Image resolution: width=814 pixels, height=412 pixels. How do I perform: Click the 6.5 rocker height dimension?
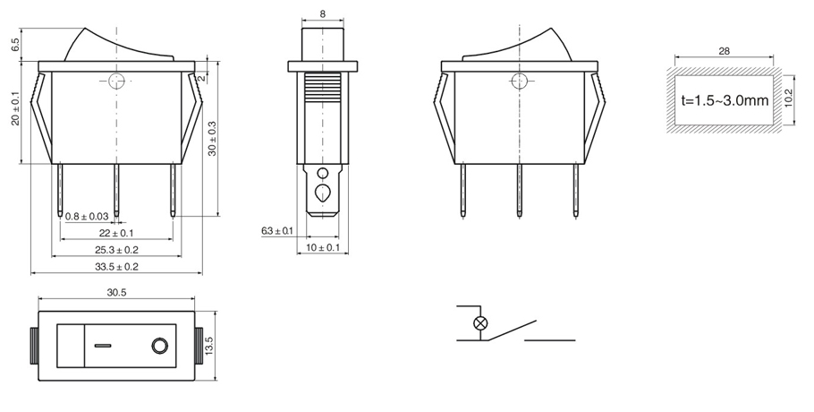tap(15, 45)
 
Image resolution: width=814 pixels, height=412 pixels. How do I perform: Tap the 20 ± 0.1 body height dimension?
tap(15, 108)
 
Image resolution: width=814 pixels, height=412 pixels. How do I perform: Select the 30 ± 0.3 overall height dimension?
tap(213, 139)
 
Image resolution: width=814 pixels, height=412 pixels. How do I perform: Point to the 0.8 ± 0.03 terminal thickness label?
tap(88, 216)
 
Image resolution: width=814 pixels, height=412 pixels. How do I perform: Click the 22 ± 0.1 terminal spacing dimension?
tap(116, 233)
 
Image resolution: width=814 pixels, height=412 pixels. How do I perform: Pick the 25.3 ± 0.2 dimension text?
tap(116, 250)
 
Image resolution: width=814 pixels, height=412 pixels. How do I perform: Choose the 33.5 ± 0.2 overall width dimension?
tap(116, 267)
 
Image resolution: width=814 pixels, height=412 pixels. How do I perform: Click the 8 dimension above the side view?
tap(323, 14)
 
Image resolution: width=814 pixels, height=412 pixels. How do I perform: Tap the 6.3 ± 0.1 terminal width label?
tap(277, 231)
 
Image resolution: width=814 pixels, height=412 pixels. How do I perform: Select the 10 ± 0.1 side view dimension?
tap(322, 248)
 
